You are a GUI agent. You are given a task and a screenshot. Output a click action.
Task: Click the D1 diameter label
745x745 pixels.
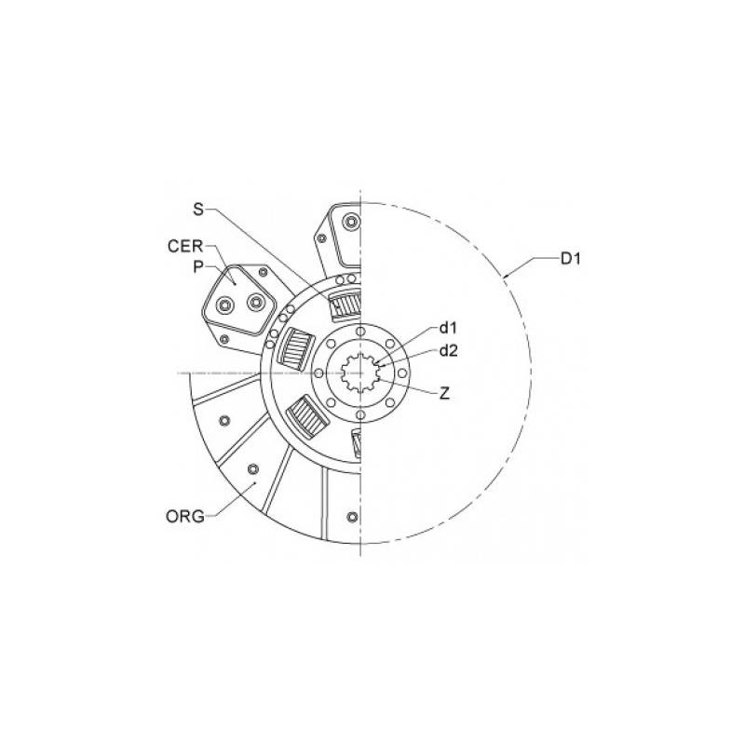(571, 258)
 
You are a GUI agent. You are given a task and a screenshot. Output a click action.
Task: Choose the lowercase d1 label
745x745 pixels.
(449, 328)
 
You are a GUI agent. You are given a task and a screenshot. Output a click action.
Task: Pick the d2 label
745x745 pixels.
(449, 350)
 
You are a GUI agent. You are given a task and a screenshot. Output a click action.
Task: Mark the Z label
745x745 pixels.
(444, 393)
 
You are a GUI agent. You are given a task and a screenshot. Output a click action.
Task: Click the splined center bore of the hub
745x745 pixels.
(361, 373)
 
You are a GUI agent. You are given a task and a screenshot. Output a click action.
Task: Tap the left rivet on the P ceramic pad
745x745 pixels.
(223, 306)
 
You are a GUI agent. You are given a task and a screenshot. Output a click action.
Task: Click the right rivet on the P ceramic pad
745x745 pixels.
(253, 301)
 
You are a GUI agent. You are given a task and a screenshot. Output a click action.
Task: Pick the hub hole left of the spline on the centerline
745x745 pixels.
(319, 373)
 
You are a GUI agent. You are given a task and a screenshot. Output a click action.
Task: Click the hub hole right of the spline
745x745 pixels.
(401, 373)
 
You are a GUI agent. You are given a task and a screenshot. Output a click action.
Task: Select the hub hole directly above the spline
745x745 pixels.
(360, 332)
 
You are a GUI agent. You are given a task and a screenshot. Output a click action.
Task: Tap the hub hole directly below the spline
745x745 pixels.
(360, 414)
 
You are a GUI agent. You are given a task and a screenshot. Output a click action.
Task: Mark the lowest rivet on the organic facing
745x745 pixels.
(350, 517)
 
